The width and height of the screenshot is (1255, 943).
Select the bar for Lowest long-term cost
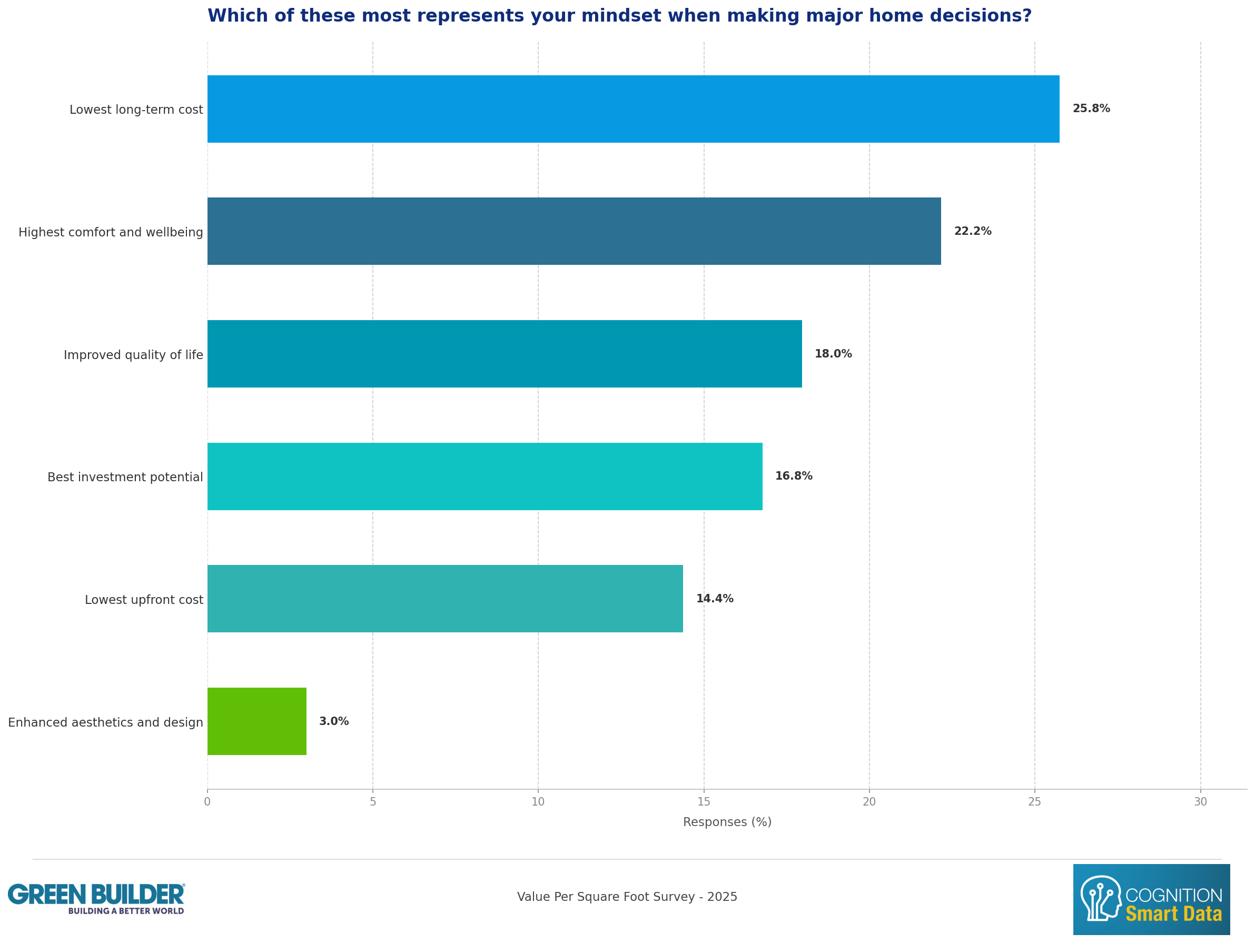[633, 109]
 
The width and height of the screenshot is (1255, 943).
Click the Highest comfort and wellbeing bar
[574, 232]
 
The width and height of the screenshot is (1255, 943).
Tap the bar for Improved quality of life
[505, 354]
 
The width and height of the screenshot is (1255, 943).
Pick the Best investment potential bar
[485, 477]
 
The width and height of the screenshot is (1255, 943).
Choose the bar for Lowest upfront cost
[446, 599]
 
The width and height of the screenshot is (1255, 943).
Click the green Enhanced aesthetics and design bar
[257, 722]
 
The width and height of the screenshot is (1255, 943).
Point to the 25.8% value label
[1091, 108]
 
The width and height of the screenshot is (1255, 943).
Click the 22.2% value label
[973, 231]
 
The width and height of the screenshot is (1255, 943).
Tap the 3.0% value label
[333, 721]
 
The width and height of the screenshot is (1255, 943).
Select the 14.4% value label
[714, 599]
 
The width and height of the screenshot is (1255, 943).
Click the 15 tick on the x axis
[704, 802]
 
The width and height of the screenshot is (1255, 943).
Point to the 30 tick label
[1200, 802]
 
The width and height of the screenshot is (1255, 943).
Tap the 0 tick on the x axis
[207, 802]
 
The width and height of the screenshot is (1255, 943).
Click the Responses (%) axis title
[727, 822]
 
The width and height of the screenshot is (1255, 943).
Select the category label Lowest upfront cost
[144, 600]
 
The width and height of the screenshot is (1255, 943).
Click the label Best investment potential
[125, 477]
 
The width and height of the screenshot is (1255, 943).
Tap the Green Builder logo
[96, 899]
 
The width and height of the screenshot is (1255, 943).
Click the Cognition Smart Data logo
[1151, 900]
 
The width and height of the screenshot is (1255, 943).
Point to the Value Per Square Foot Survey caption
[627, 897]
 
